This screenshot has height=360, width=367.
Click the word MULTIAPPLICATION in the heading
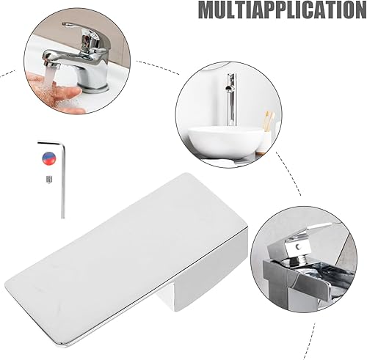pyautogui.click(x=283, y=10)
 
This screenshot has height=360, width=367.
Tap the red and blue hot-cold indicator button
pyautogui.click(x=49, y=158)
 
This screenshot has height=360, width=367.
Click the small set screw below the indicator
pyautogui.click(x=49, y=180)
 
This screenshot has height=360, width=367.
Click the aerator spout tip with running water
pyautogui.click(x=52, y=64)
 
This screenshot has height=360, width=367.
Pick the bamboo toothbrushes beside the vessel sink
pyautogui.click(x=269, y=121)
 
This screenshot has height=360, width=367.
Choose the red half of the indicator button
pyautogui.click(x=49, y=161)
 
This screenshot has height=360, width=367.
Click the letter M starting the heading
pyautogui.click(x=208, y=10)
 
